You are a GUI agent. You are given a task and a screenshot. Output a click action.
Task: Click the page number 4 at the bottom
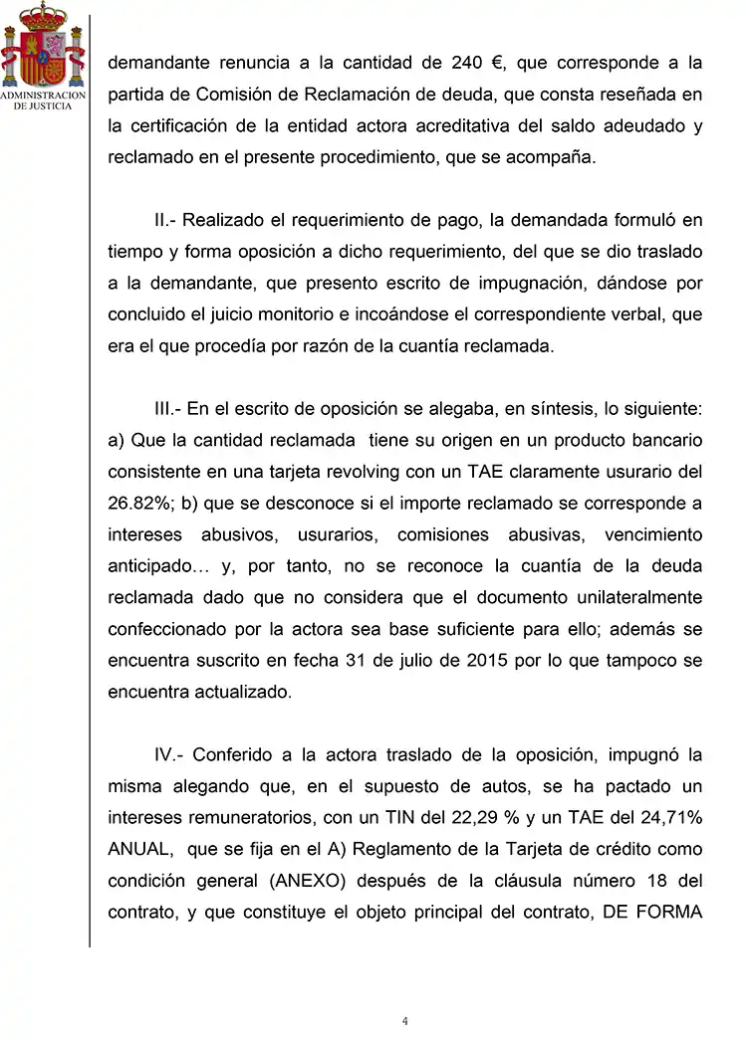click(x=405, y=1020)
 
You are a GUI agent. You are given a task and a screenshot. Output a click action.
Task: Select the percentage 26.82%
click(x=136, y=503)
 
